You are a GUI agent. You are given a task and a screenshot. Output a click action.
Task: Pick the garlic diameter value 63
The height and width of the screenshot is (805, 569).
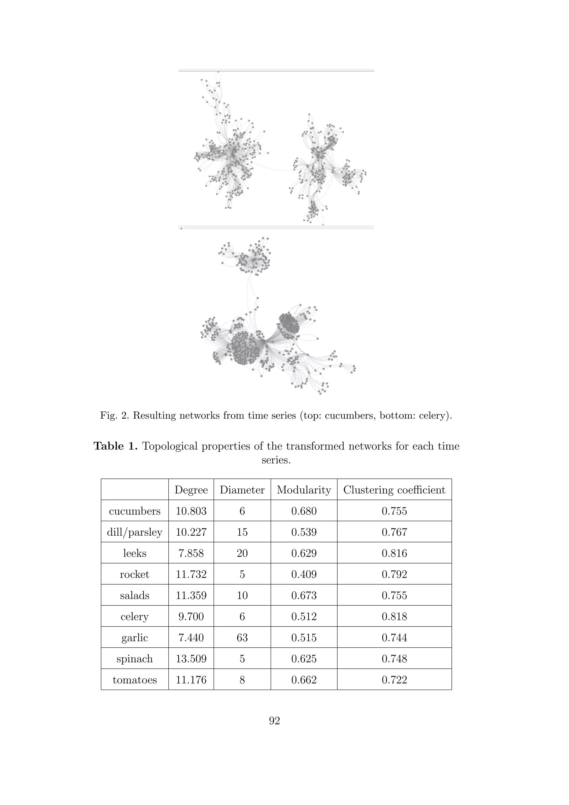(x=242, y=637)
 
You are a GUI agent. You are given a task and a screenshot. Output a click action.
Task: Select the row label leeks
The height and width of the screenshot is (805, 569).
(x=134, y=553)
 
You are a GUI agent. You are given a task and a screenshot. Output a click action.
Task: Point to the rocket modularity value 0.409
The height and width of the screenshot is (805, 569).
(x=304, y=574)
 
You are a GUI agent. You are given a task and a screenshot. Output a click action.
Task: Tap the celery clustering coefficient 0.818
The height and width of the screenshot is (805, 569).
(x=394, y=616)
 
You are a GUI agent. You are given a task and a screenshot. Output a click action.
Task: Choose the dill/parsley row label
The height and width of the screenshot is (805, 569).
(x=134, y=532)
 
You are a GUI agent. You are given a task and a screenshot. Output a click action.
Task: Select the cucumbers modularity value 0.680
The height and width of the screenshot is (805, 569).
(x=304, y=511)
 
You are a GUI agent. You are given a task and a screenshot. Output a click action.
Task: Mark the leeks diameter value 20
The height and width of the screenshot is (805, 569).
(x=242, y=553)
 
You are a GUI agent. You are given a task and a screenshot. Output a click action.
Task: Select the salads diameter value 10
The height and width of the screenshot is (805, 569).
(x=242, y=595)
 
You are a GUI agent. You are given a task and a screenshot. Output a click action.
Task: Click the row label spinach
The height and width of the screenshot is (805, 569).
(x=134, y=659)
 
